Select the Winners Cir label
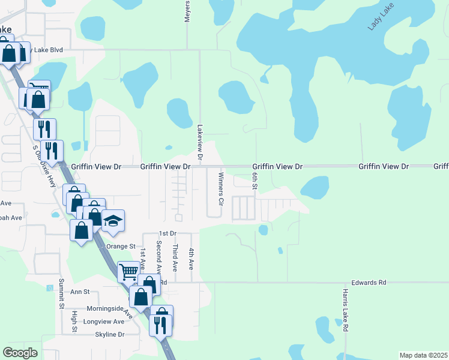(x=220, y=189)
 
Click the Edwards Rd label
(x=369, y=281)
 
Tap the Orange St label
(x=121, y=246)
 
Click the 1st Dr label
(x=167, y=233)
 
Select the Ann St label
(x=80, y=292)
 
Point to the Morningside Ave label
(x=101, y=310)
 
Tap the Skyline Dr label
(x=109, y=334)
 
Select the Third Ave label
(x=175, y=256)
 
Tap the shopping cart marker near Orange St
(x=128, y=271)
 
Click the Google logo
(x=20, y=353)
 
